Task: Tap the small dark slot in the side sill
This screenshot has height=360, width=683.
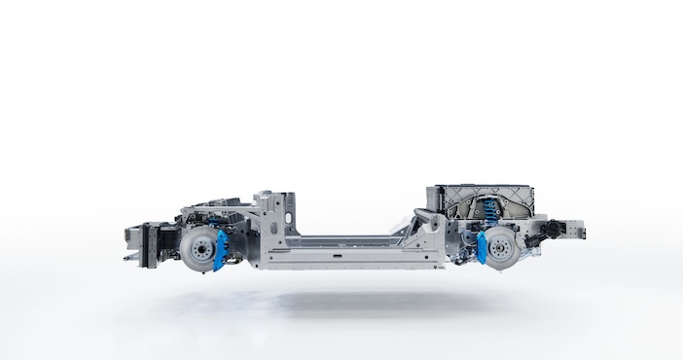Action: [336, 258]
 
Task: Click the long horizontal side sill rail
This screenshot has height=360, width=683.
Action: [360, 256]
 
